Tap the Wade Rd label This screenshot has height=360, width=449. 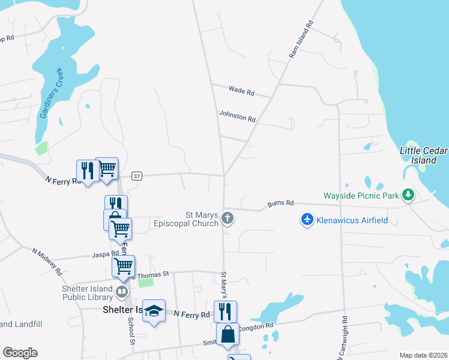[x=241, y=91]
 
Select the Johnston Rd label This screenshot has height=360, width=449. [x=237, y=115]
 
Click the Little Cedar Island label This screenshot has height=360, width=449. [x=423, y=155]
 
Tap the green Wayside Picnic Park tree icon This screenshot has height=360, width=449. [x=408, y=195]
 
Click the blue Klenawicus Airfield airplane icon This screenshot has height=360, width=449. [x=307, y=220]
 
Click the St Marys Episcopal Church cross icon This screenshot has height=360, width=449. [x=227, y=218]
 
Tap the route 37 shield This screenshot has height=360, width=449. [x=137, y=176]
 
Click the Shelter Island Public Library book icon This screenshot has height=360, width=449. [x=122, y=292]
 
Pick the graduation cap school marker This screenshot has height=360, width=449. [x=154, y=310]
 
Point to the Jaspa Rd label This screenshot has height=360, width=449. [x=106, y=254]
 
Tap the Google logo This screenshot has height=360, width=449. [x=20, y=353]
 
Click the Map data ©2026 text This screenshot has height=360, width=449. [x=423, y=355]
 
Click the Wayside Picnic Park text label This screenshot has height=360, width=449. [x=361, y=196]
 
